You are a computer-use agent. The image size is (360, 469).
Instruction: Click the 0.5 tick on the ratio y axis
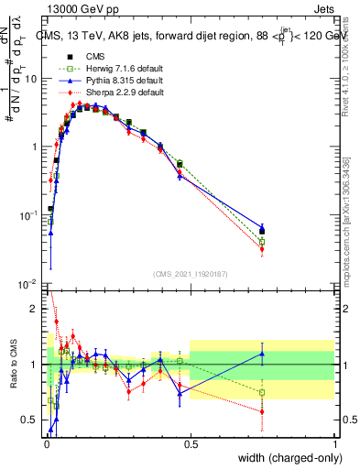pyautogui.click(x=32, y=420)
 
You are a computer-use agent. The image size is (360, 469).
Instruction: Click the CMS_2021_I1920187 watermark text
pyautogui.click(x=190, y=273)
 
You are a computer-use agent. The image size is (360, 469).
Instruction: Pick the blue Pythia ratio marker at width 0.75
pyautogui.click(x=262, y=354)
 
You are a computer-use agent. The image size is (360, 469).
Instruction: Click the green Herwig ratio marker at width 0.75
pyautogui.click(x=262, y=392)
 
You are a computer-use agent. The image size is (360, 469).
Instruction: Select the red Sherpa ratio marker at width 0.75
pyautogui.click(x=262, y=412)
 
